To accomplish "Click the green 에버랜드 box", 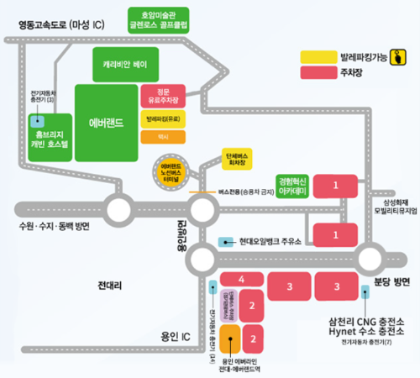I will [107, 122].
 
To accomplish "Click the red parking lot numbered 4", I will [240, 279].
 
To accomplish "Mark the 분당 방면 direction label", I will [389, 281].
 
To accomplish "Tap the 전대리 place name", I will [110, 285].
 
